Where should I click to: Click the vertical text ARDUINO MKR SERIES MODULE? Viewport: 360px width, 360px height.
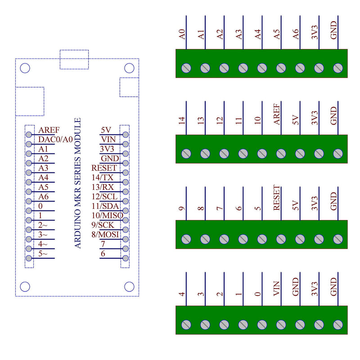[78, 183]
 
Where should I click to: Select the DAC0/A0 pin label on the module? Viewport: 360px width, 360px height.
[55, 139]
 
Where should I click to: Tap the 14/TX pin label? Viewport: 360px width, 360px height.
[102, 177]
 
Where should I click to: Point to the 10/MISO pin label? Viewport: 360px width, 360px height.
[107, 215]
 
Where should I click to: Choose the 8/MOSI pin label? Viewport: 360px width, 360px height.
[107, 234]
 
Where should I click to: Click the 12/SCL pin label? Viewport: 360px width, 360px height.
[104, 196]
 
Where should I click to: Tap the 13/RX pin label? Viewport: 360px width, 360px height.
[102, 187]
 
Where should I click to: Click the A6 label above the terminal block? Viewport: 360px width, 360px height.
[296, 34]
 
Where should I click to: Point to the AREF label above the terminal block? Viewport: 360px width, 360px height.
[277, 114]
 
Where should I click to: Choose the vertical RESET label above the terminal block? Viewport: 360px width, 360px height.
[277, 198]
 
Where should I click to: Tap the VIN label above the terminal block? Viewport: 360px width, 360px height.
[277, 288]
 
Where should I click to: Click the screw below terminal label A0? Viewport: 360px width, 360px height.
[186, 68]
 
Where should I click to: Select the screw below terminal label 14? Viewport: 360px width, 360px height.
[186, 153]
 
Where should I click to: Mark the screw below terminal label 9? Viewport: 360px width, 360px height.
[186, 239]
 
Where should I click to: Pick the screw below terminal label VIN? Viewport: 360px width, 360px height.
[281, 324]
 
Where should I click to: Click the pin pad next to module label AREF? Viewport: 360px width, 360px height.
[29, 134]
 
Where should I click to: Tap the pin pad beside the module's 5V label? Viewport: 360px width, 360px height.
[125, 134]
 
